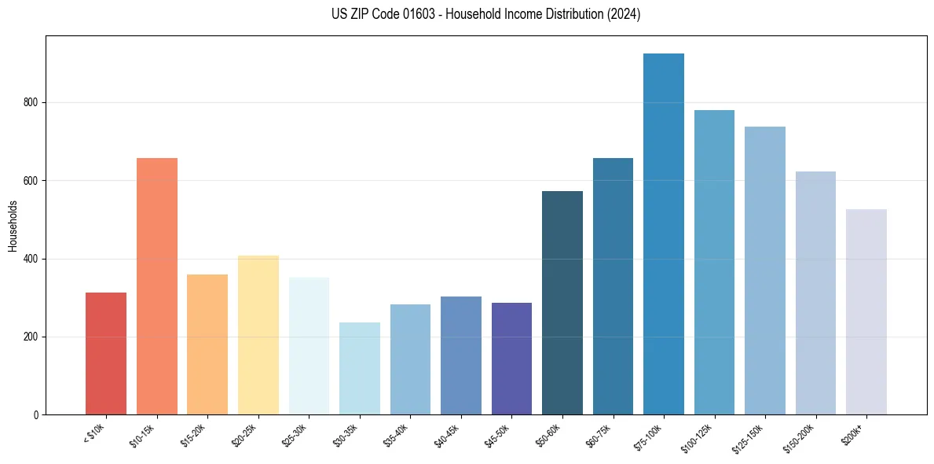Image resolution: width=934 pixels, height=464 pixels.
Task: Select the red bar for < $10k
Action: click(106, 354)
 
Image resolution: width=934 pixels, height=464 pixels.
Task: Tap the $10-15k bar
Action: click(157, 287)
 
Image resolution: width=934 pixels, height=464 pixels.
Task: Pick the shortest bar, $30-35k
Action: click(360, 369)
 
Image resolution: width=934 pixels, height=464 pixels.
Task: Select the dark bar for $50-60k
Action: click(562, 303)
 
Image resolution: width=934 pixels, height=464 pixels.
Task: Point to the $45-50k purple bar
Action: click(511, 359)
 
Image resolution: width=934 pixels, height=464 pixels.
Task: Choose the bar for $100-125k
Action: click(714, 263)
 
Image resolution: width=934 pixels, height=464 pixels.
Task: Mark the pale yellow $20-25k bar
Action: click(258, 335)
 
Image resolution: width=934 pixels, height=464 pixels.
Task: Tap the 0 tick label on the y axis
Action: click(37, 414)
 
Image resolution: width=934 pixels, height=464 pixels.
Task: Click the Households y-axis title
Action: click(13, 226)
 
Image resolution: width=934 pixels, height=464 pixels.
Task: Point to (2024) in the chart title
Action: click(624, 14)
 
